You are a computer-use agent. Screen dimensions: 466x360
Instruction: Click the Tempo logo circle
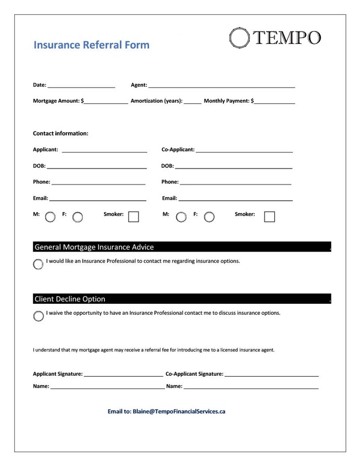pyautogui.click(x=239, y=38)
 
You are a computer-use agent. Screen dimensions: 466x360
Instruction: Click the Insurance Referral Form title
pyautogui.click(x=92, y=45)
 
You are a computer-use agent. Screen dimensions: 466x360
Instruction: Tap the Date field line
pyautogui.click(x=81, y=86)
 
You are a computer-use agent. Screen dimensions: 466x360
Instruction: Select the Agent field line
pyautogui.click(x=221, y=86)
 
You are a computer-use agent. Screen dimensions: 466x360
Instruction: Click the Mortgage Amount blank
pyautogui.click(x=106, y=102)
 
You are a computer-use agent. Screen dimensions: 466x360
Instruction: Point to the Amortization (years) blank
pyautogui.click(x=192, y=102)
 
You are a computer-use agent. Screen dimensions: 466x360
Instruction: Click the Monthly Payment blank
pyautogui.click(x=275, y=102)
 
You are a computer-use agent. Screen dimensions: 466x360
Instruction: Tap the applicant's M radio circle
pyautogui.click(x=50, y=217)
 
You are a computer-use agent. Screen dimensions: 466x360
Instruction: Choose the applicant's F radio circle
pyautogui.click(x=77, y=217)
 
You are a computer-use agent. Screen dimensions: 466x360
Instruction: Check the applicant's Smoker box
pyautogui.click(x=133, y=217)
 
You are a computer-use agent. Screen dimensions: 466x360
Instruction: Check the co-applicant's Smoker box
pyautogui.click(x=269, y=217)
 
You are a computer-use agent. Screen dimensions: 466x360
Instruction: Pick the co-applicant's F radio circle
pyautogui.click(x=209, y=217)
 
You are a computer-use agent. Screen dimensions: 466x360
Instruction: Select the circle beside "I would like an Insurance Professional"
pyautogui.click(x=38, y=264)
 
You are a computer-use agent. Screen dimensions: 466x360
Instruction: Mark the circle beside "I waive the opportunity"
pyautogui.click(x=38, y=316)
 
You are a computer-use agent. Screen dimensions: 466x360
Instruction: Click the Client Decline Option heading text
pyautogui.click(x=70, y=299)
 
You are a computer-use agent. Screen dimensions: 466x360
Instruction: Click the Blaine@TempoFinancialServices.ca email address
pyautogui.click(x=179, y=412)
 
